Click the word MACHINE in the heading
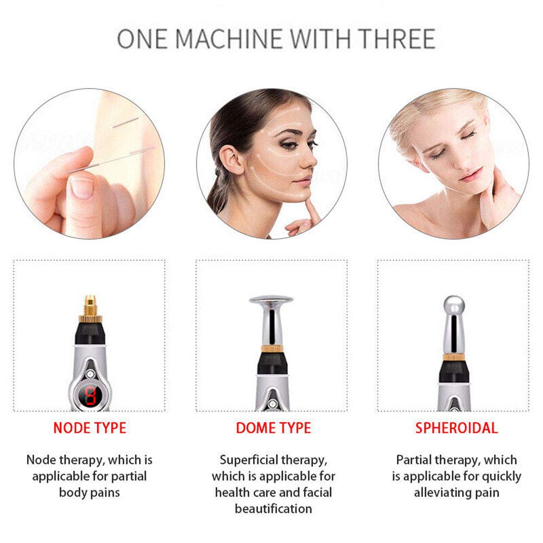pos(230,39)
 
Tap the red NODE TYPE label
pos(90,428)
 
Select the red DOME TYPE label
pos(273,428)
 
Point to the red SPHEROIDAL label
pos(456,428)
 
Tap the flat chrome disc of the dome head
pos(271,300)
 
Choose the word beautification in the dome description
pos(273,509)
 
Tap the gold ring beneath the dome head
pos(271,348)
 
